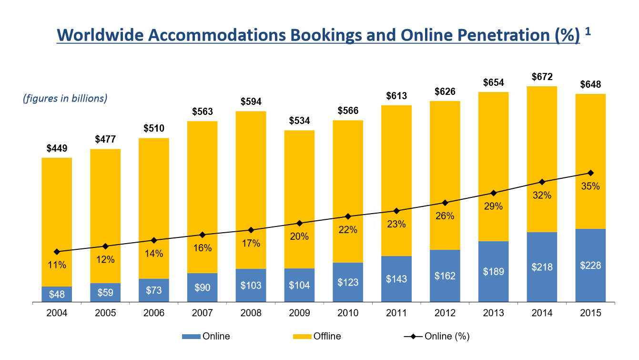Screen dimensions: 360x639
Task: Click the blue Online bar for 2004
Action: click(x=57, y=294)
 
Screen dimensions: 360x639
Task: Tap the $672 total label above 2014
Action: click(x=542, y=77)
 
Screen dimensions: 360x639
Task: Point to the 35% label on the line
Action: click(x=590, y=186)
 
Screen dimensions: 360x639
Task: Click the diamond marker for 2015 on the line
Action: click(x=590, y=173)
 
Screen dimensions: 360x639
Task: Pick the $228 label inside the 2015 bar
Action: click(x=590, y=266)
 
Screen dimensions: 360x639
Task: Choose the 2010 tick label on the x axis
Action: click(x=348, y=313)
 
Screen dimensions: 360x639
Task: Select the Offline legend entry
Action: click(x=317, y=336)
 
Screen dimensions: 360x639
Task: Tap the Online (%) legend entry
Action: click(x=436, y=336)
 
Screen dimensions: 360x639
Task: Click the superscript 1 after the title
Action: click(x=588, y=31)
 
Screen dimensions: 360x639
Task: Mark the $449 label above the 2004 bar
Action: click(x=57, y=148)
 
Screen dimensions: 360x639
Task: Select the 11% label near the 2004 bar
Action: click(x=57, y=265)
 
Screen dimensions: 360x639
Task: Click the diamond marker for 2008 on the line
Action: click(x=251, y=230)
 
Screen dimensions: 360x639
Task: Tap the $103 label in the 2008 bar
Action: click(x=251, y=285)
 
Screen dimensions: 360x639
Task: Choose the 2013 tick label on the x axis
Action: click(x=493, y=313)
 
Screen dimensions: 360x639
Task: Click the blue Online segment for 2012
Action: click(x=445, y=276)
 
